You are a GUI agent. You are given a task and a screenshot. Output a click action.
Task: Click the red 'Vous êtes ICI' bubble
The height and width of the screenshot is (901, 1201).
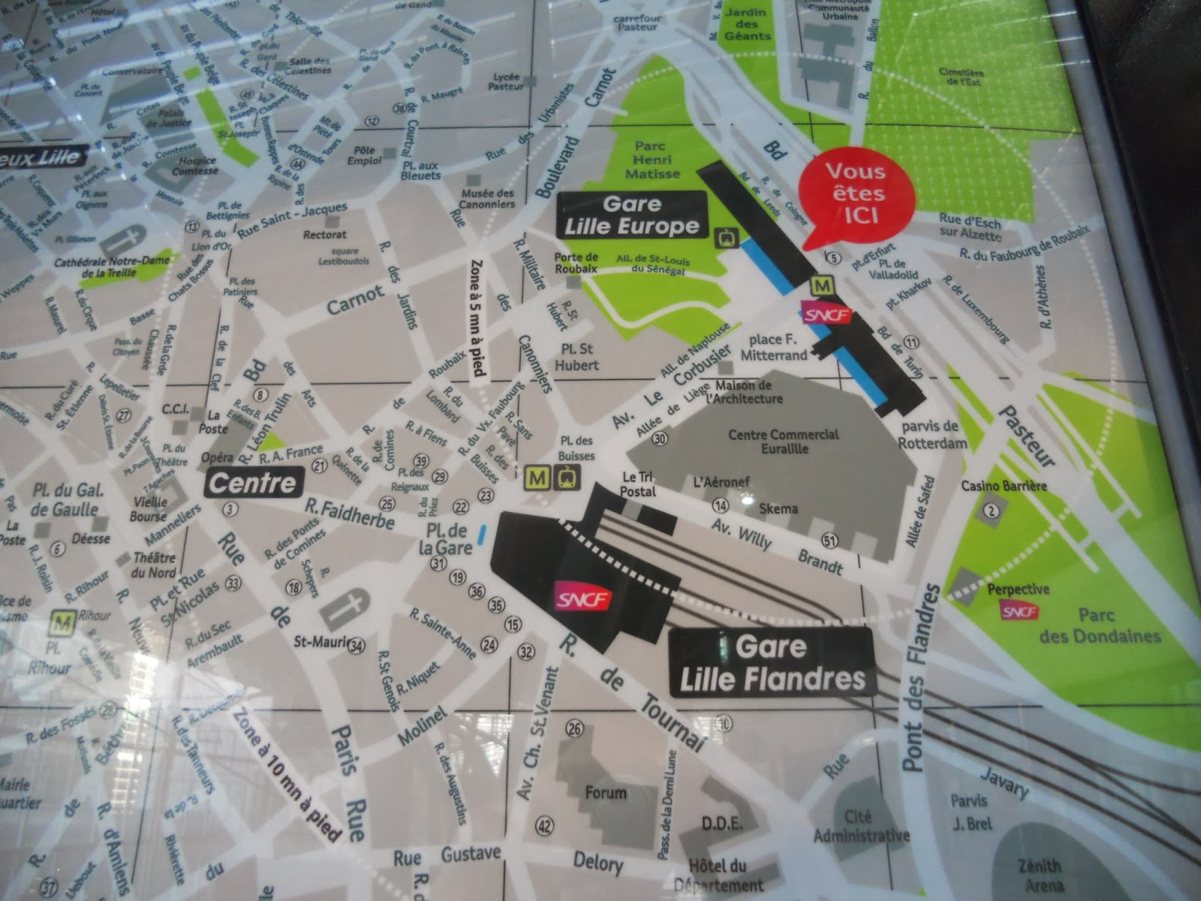(x=856, y=193)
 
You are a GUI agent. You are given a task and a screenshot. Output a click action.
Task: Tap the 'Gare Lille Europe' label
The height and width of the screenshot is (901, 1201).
(x=631, y=215)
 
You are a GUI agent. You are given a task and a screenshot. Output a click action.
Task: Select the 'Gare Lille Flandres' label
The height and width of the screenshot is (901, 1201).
(x=772, y=663)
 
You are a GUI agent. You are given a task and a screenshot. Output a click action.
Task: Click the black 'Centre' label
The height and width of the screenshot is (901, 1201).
(x=253, y=483)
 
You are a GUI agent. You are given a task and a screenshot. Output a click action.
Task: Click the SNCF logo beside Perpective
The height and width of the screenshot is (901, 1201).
(x=1020, y=612)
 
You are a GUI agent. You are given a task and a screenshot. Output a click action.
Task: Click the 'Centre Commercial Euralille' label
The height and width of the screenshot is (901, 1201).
(x=783, y=441)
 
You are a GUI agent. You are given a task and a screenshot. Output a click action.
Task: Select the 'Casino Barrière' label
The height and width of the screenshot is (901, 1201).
(x=1004, y=486)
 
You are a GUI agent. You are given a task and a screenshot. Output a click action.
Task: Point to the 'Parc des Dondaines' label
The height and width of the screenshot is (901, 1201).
(x=1100, y=625)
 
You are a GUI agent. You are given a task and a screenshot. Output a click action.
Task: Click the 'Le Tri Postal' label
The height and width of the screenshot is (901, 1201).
(x=639, y=484)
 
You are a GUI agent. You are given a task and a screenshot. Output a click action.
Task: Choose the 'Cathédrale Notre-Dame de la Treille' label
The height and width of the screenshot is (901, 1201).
(x=113, y=267)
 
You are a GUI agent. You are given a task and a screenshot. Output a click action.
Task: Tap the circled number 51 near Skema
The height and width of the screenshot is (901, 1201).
(x=829, y=541)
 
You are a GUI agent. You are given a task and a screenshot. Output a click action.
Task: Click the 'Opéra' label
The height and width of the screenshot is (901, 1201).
(x=217, y=457)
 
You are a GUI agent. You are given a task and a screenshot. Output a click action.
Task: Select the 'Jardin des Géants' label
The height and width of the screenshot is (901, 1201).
(x=747, y=24)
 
